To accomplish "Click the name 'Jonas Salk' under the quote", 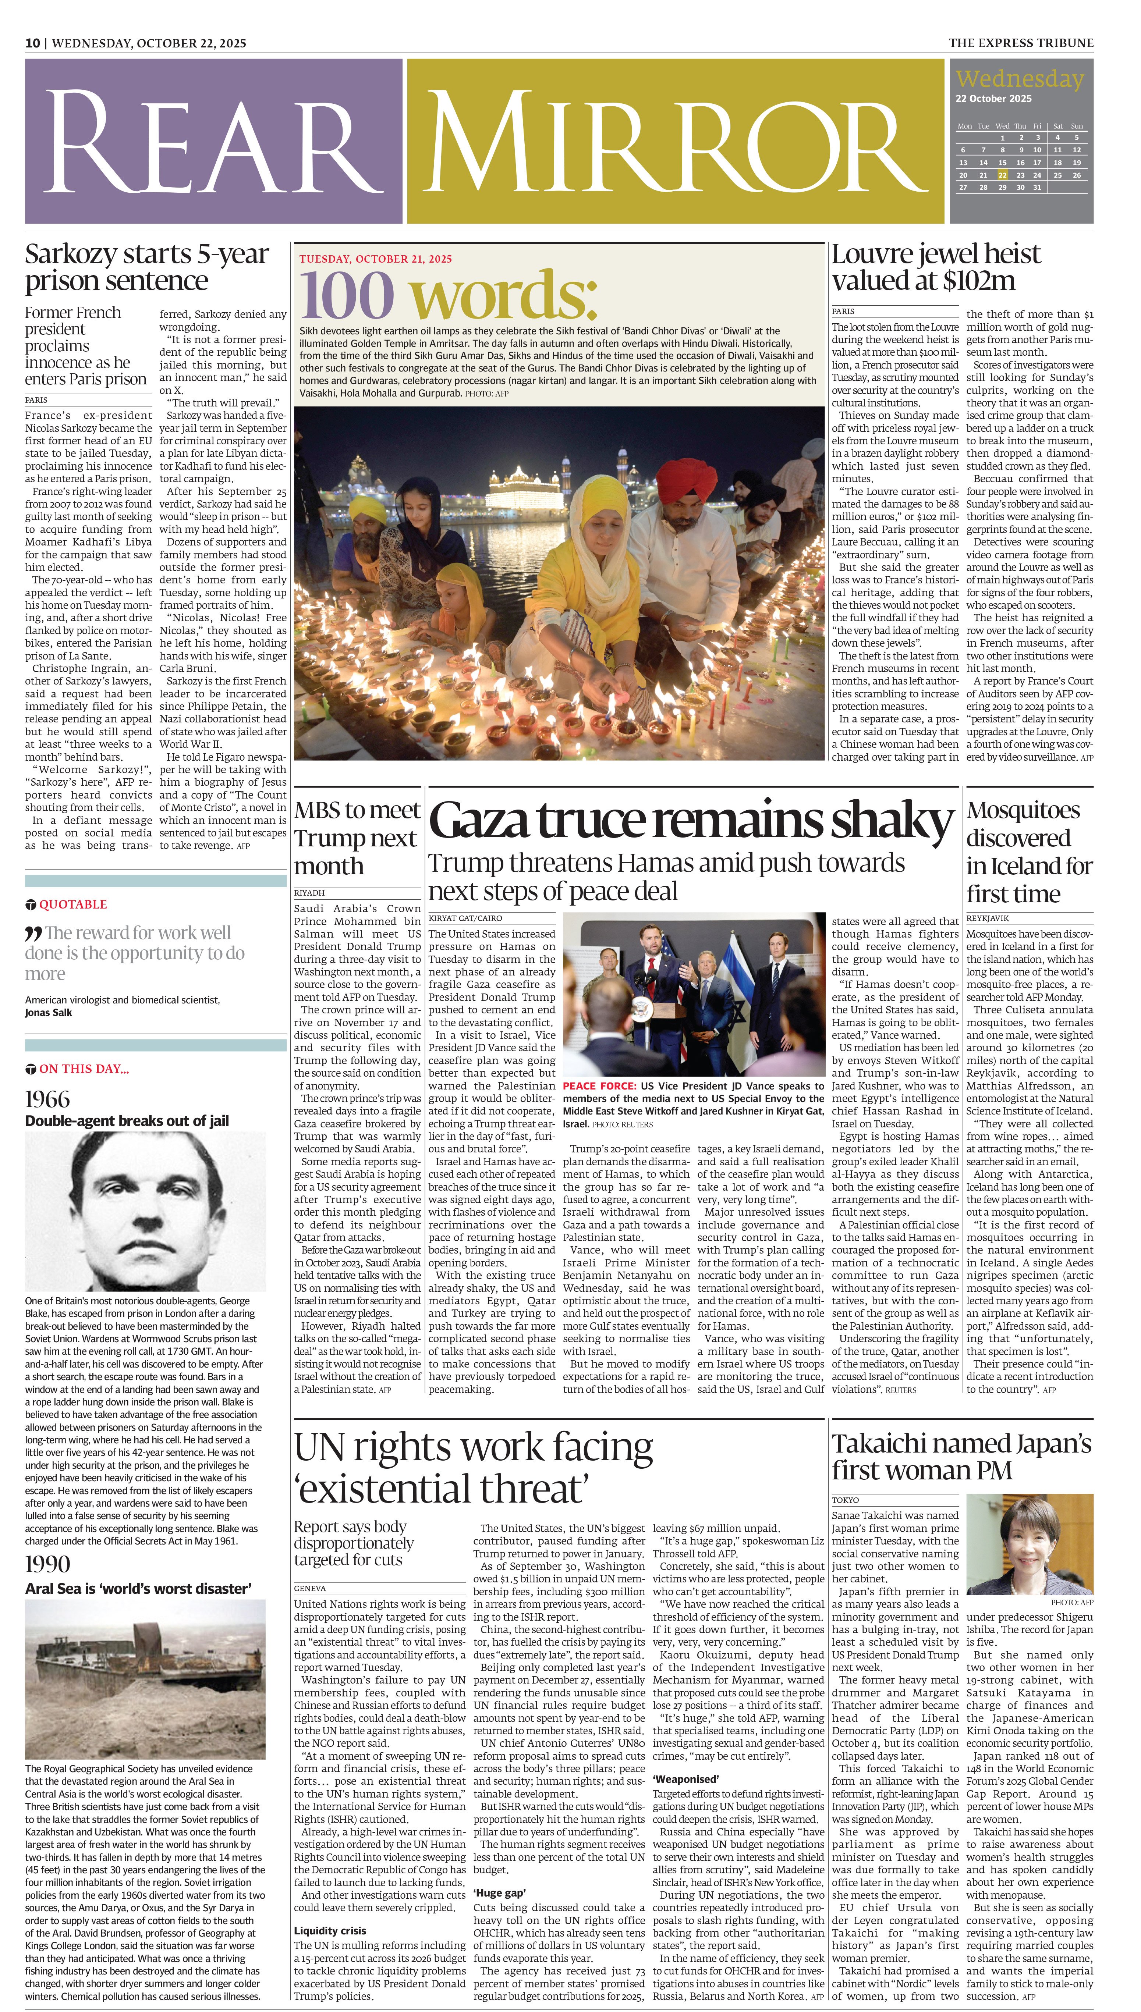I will click(49, 1013).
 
